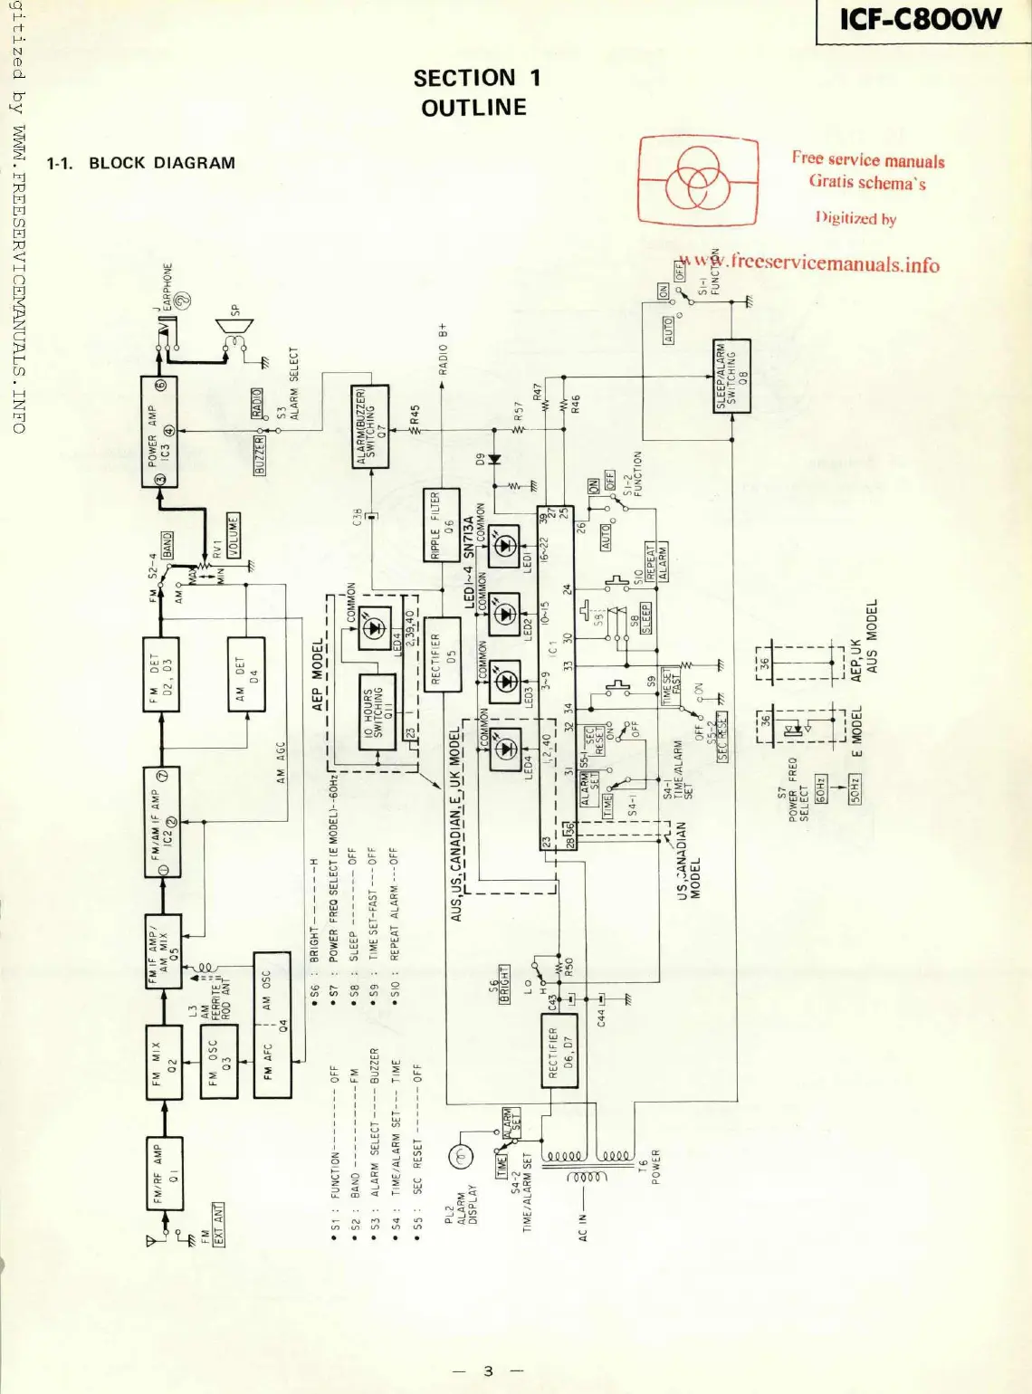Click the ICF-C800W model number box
tap(922, 20)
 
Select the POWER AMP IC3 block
tap(159, 432)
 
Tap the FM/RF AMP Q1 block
tap(164, 1173)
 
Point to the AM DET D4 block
tap(246, 674)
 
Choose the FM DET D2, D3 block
tap(161, 674)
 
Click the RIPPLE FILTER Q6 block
tap(441, 524)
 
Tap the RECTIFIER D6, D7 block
tap(558, 1051)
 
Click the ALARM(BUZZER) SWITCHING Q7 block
tap(369, 426)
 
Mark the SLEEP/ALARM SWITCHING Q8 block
tap(731, 376)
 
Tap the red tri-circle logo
tap(698, 180)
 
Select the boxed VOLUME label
tap(234, 536)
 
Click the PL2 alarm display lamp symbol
tap(460, 1156)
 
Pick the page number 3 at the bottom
tap(489, 1370)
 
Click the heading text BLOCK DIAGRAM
tap(161, 163)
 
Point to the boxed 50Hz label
tap(854, 788)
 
